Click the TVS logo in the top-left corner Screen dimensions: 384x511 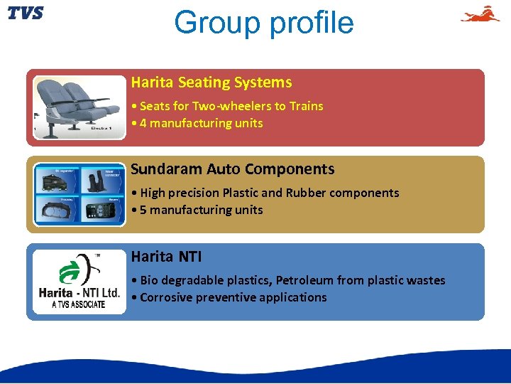26,14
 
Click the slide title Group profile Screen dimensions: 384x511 263,23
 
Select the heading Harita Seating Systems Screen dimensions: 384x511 211,82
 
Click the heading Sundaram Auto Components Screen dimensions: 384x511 232,169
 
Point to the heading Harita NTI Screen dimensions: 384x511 160,256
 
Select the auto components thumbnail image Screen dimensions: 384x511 80,194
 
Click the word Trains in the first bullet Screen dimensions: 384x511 306,106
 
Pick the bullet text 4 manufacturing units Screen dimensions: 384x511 201,123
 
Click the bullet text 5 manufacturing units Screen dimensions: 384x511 201,210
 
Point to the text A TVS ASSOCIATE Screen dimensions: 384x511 78,304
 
